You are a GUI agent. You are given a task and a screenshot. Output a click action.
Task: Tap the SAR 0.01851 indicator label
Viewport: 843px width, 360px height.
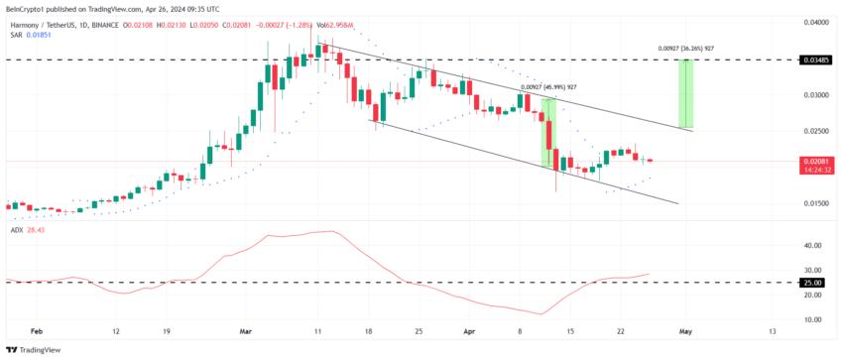point(30,35)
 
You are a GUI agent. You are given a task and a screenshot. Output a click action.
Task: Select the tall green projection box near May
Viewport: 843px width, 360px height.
point(684,94)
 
